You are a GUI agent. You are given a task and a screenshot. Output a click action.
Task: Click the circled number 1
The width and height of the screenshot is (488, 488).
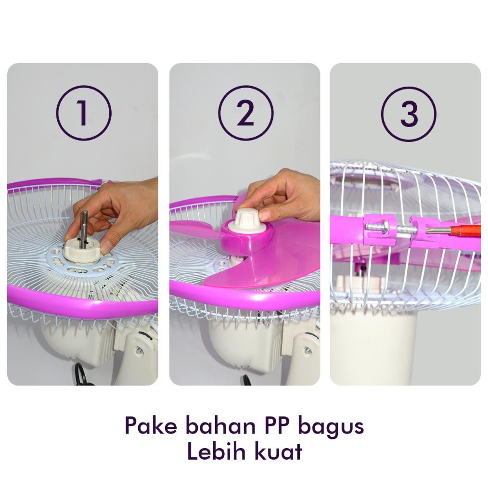[84, 113]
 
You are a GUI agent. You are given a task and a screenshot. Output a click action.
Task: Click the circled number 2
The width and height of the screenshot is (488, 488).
[245, 113]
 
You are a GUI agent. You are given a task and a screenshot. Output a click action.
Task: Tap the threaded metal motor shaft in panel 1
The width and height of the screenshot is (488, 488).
[84, 229]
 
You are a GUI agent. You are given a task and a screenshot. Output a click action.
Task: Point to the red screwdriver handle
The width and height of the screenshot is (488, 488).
[467, 231]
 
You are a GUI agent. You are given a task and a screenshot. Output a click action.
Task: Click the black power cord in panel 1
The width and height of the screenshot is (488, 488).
[83, 375]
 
